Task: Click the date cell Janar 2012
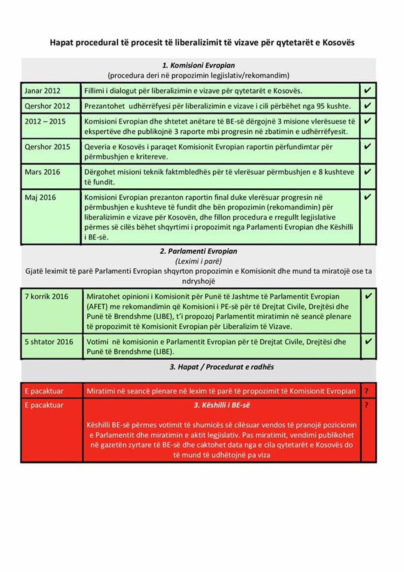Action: coord(42,91)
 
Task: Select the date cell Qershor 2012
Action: coord(47,106)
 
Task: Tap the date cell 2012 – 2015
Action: coord(45,121)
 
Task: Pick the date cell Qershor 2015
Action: coord(47,147)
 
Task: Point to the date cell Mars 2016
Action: coord(42,172)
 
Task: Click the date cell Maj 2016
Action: coord(40,197)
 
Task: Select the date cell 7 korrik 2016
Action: coord(47,296)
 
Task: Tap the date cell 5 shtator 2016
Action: coord(49,342)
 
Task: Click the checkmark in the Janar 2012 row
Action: coord(367,90)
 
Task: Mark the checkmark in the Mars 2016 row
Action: coord(367,171)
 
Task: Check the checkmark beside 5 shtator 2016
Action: coord(368,341)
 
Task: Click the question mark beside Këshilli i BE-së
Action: coord(366,405)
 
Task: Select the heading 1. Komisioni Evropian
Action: coord(198,65)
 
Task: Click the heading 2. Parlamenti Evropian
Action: coord(198,251)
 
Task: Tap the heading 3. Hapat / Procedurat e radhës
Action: coord(221,367)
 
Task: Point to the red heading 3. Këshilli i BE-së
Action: coord(222,405)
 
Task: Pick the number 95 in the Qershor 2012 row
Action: coord(321,106)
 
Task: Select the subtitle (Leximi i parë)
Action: coord(198,261)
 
